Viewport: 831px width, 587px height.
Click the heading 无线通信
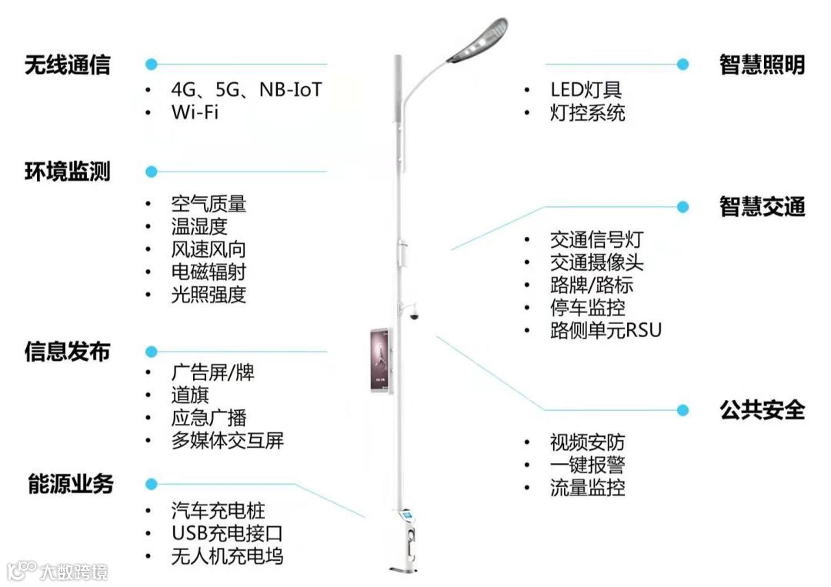67,65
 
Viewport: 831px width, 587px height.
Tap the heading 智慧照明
762,65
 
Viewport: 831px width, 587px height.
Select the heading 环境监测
67,172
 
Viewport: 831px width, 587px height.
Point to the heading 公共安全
762,410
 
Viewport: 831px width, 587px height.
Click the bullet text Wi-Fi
195,112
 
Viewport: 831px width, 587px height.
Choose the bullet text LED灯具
586,90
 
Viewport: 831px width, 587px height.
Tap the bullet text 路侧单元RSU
606,330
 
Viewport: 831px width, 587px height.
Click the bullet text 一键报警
587,465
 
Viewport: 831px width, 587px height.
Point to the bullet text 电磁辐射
209,272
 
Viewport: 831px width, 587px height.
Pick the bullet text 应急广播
209,418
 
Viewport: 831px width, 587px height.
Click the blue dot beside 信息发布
152,352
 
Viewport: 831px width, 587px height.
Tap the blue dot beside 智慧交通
682,206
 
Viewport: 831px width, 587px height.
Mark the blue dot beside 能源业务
152,484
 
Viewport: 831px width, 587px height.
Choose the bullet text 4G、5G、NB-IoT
245,90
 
